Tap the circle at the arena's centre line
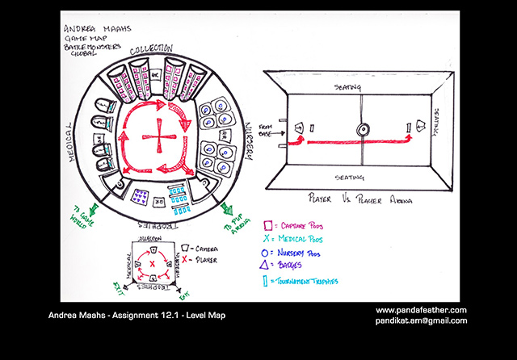point(362,128)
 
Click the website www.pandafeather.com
point(421,310)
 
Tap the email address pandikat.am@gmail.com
point(421,320)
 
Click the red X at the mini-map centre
point(150,264)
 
